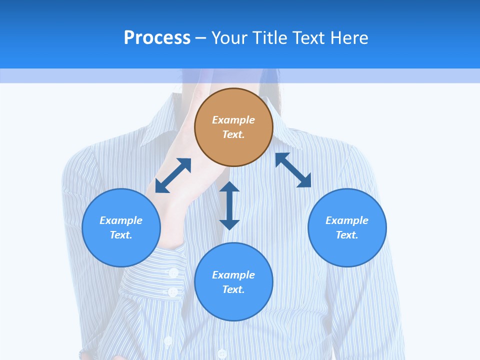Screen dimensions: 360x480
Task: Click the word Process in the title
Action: pyautogui.click(x=157, y=38)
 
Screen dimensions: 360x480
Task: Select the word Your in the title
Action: pyautogui.click(x=230, y=38)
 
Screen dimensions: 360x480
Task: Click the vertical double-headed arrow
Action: pyautogui.click(x=229, y=205)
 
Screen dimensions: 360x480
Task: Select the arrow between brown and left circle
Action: pyautogui.click(x=173, y=175)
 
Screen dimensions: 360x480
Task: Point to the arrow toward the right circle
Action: pyautogui.click(x=293, y=170)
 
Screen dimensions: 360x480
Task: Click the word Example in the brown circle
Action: pyautogui.click(x=233, y=120)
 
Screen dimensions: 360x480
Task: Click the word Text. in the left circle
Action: pyautogui.click(x=121, y=235)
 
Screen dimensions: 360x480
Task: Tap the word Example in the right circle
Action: pyautogui.click(x=347, y=220)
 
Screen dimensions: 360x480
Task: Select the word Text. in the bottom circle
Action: pyautogui.click(x=233, y=289)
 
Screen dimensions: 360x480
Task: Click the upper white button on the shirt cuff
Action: pyautogui.click(x=173, y=273)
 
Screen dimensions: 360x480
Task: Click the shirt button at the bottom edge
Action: pyautogui.click(x=222, y=354)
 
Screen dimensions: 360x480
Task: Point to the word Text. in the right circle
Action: pyautogui.click(x=347, y=235)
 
